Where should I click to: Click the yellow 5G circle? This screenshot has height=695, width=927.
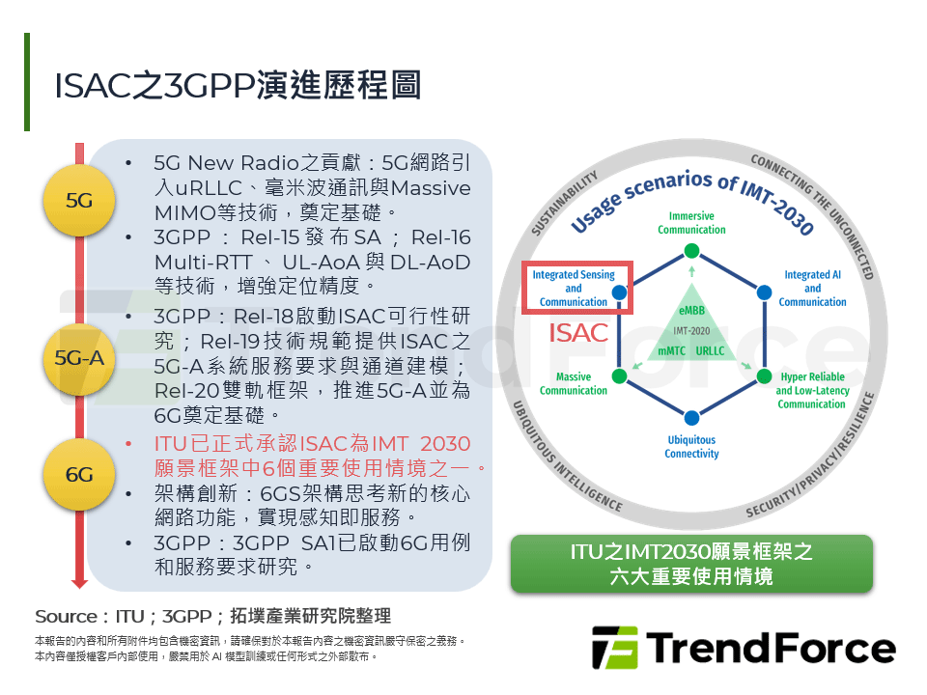[x=79, y=201]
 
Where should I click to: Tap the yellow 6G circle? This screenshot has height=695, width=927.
[x=79, y=474]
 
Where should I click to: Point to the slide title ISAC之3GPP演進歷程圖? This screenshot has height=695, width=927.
[x=238, y=85]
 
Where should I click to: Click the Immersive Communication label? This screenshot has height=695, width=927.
[x=691, y=223]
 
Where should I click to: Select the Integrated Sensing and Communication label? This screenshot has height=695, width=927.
[x=574, y=288]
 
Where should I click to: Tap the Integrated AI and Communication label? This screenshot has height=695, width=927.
[x=812, y=288]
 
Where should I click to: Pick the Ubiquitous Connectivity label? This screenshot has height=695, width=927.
[x=691, y=447]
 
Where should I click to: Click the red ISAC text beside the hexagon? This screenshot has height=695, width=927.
[x=579, y=334]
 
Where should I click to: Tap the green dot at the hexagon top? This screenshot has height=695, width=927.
[x=691, y=251]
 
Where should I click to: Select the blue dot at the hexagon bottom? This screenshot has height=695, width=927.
[x=691, y=417]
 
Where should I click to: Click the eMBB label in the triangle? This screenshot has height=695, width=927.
[x=691, y=311]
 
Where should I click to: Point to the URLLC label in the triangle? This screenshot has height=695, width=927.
[x=711, y=350]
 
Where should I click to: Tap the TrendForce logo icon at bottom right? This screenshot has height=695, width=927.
[x=614, y=648]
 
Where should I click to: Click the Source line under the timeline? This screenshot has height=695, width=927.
[x=212, y=617]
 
